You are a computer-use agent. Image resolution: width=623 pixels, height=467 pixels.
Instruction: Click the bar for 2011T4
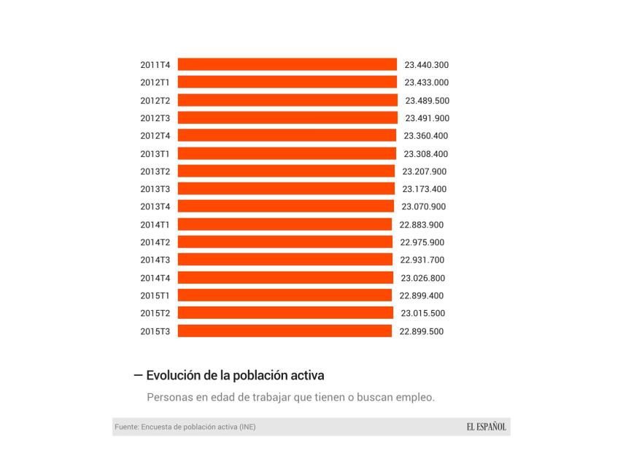coord(287,65)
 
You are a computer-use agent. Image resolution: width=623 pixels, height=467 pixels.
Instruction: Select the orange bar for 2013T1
coord(287,154)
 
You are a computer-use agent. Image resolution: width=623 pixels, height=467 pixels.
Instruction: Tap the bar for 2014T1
coord(285,225)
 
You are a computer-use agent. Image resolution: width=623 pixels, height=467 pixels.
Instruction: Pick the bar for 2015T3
coord(285,331)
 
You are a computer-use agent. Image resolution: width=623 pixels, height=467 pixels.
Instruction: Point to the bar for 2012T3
coord(287,118)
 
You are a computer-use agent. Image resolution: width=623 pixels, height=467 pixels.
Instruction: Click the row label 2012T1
coord(155,82)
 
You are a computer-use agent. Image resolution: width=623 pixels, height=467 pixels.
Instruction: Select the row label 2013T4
coord(155,207)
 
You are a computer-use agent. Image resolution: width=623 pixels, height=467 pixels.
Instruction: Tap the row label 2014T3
coord(155,260)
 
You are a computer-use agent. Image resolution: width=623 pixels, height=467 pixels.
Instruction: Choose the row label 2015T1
coord(155,296)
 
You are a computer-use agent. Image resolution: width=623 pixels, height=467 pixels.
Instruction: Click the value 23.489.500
coord(427,101)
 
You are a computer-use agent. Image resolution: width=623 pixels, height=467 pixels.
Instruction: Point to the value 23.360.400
coord(426,136)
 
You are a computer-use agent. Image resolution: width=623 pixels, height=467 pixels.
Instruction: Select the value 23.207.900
coord(425,171)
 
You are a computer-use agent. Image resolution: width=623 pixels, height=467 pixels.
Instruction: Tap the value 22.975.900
coord(422,242)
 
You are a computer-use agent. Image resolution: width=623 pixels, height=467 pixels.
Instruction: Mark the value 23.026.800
coord(423,278)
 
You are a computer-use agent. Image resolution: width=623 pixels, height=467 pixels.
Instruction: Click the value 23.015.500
coord(423,313)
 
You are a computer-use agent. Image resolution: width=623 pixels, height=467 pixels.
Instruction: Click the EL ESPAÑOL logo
coord(487,427)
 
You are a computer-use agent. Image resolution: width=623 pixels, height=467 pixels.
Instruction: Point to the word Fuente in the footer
coord(127,427)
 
